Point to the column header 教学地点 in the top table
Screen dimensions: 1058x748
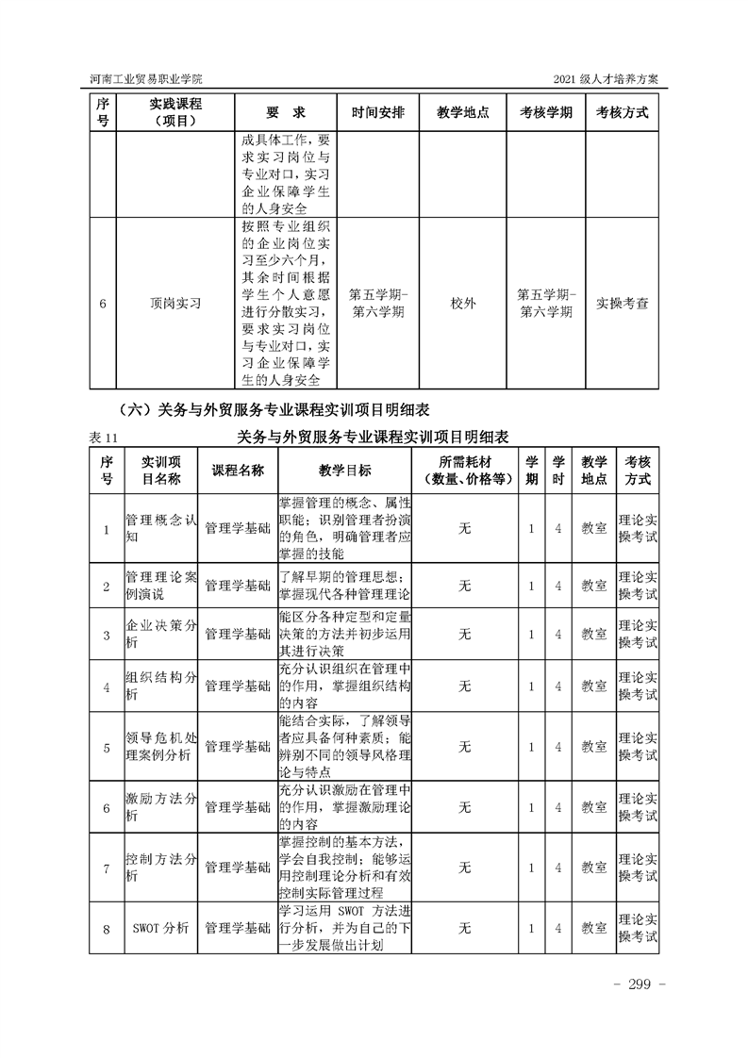(463, 112)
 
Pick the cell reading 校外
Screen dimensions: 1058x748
(463, 304)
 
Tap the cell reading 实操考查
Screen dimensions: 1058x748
(623, 304)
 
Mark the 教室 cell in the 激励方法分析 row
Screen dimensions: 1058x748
(593, 807)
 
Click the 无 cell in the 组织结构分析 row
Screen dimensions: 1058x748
(464, 686)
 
